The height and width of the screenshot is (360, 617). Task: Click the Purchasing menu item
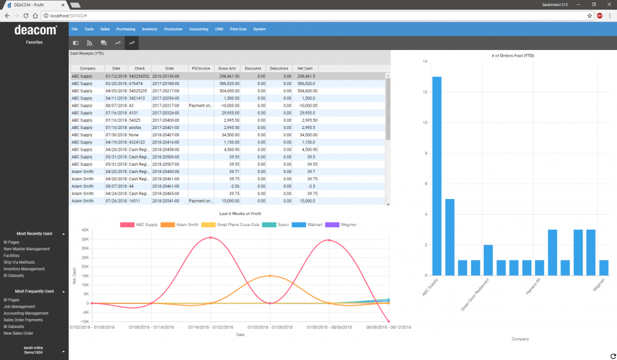point(126,29)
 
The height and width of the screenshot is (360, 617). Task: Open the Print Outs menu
point(238,29)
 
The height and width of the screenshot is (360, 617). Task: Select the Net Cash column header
point(305,68)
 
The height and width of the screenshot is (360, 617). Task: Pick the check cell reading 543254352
point(139,77)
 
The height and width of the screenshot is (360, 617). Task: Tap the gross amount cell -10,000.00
point(228,106)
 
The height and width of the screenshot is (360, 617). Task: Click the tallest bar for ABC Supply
point(437,175)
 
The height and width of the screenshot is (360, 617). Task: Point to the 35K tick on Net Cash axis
point(85,239)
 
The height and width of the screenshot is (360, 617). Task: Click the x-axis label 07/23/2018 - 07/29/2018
point(269,326)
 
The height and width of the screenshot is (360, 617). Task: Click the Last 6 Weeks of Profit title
point(240,214)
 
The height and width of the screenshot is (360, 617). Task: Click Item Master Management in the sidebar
point(27,248)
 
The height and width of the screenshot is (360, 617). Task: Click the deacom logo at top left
point(34,30)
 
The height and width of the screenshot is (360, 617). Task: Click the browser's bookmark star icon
point(589,16)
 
